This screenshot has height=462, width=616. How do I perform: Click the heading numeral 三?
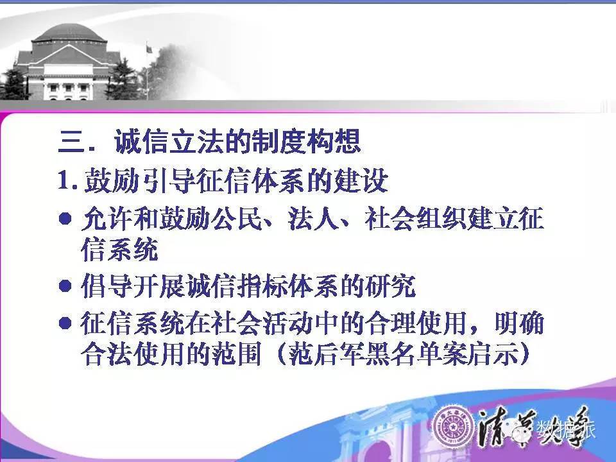point(71,141)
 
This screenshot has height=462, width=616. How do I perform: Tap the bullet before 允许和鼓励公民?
point(65,218)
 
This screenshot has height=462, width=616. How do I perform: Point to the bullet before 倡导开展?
point(65,286)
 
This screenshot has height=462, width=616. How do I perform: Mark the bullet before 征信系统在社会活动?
point(65,323)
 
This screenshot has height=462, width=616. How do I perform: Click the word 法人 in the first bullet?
point(313,218)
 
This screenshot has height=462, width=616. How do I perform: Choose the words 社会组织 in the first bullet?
point(415,218)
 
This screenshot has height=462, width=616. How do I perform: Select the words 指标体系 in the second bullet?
point(287,286)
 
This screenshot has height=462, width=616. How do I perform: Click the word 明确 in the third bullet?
point(519,323)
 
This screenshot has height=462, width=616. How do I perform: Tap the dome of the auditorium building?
point(69,33)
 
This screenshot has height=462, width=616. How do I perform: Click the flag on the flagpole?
point(150,49)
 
